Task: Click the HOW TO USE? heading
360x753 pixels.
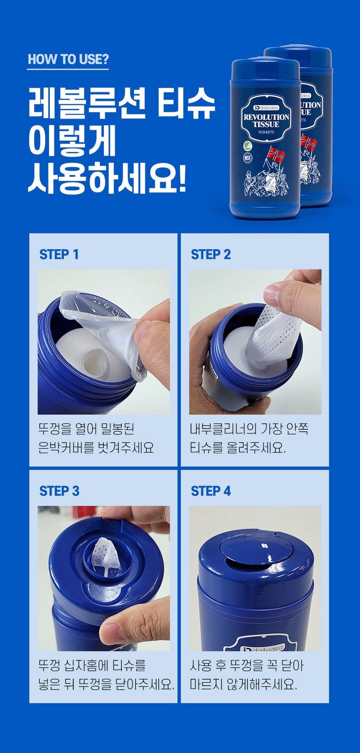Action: (68, 59)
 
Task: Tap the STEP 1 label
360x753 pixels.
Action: (59, 254)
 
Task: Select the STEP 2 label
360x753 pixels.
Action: (210, 254)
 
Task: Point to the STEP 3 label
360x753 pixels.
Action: (59, 491)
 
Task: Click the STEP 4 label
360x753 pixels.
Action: (210, 491)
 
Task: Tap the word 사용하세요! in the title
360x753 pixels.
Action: (107, 178)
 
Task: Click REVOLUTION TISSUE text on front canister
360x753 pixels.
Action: (266, 120)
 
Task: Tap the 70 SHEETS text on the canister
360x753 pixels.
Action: (266, 132)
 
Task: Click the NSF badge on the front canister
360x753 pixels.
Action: (248, 156)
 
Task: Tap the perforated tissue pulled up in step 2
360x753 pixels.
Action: (272, 335)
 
